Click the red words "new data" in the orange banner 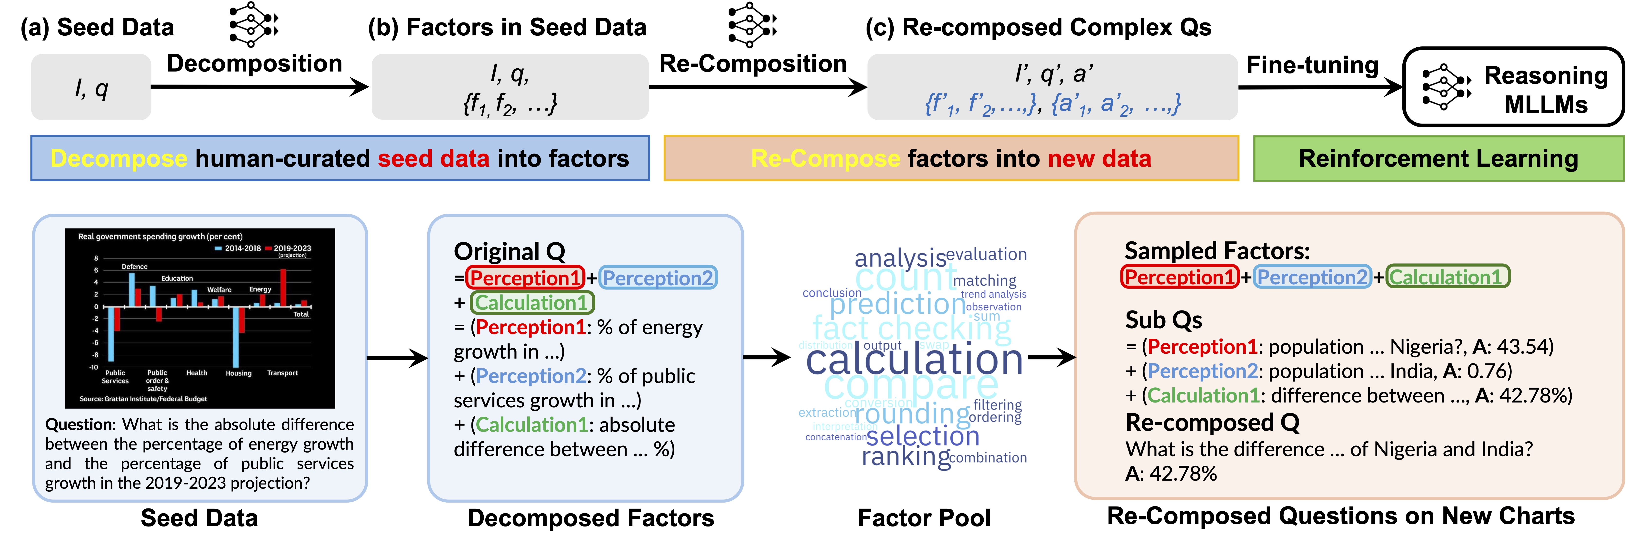coord(1099,158)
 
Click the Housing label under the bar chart coord(239,373)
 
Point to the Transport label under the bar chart coord(282,373)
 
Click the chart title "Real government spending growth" coord(160,237)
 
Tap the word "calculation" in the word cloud coord(914,360)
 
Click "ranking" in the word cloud coord(906,457)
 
